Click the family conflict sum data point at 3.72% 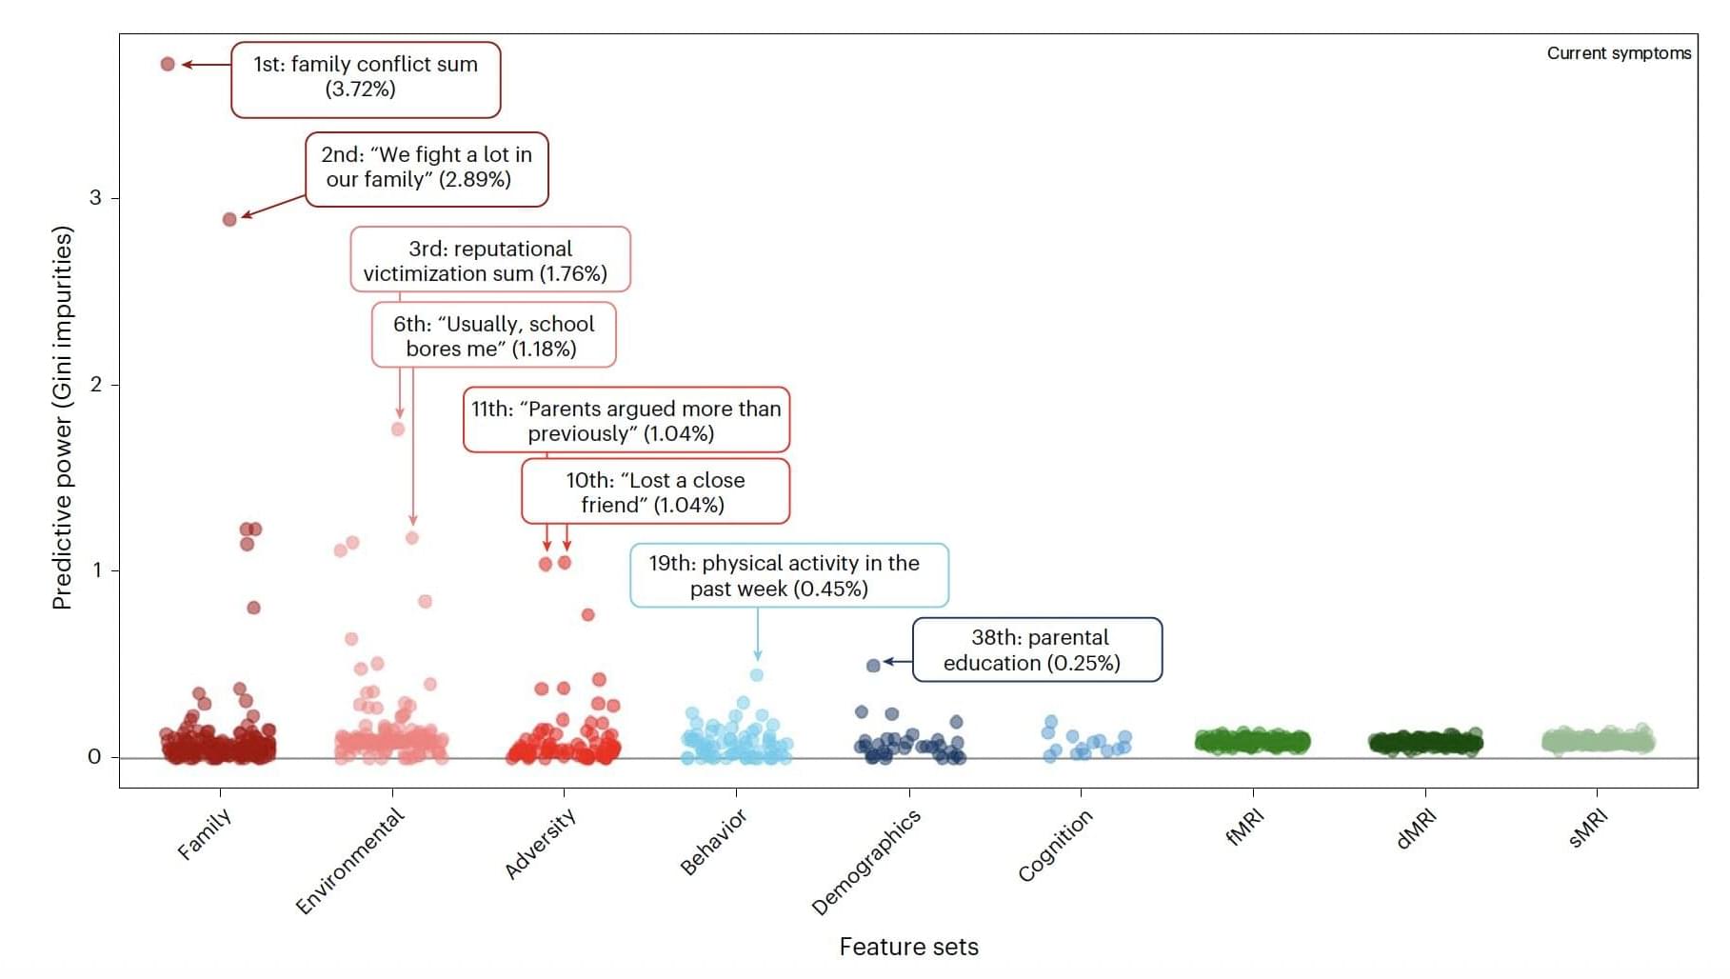(x=168, y=64)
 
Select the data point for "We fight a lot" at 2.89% (x=229, y=219)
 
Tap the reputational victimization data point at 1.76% (x=398, y=429)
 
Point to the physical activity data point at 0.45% (x=757, y=674)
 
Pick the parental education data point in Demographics (x=873, y=665)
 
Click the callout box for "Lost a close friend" (x=655, y=492)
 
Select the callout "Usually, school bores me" (x=493, y=336)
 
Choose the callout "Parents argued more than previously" (x=626, y=420)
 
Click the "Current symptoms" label (x=1619, y=53)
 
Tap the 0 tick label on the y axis (x=94, y=757)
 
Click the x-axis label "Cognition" (x=1055, y=846)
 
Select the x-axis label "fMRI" (x=1244, y=827)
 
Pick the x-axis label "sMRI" (x=1588, y=827)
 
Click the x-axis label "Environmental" (x=349, y=861)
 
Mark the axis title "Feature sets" (x=908, y=947)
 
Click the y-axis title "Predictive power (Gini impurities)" (x=63, y=417)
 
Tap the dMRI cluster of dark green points (x=1425, y=742)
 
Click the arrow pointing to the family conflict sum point (x=206, y=65)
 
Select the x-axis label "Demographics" (x=865, y=862)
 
